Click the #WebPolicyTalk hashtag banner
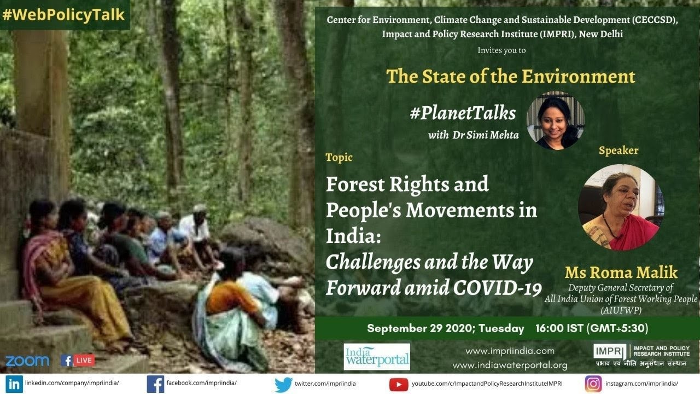[64, 15]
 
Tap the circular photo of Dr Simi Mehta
[555, 121]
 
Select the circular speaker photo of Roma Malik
[621, 207]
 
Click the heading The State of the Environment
[511, 76]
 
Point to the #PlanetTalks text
[463, 113]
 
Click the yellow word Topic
[339, 158]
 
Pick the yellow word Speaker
[618, 150]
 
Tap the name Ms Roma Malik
[621, 273]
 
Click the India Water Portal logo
[377, 356]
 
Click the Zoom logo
[27, 361]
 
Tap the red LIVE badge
[85, 360]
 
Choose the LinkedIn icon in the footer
[15, 384]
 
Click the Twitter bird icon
[283, 384]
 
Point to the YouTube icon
[399, 384]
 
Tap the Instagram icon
[593, 384]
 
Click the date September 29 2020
[417, 328]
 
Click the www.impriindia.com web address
[510, 351]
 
